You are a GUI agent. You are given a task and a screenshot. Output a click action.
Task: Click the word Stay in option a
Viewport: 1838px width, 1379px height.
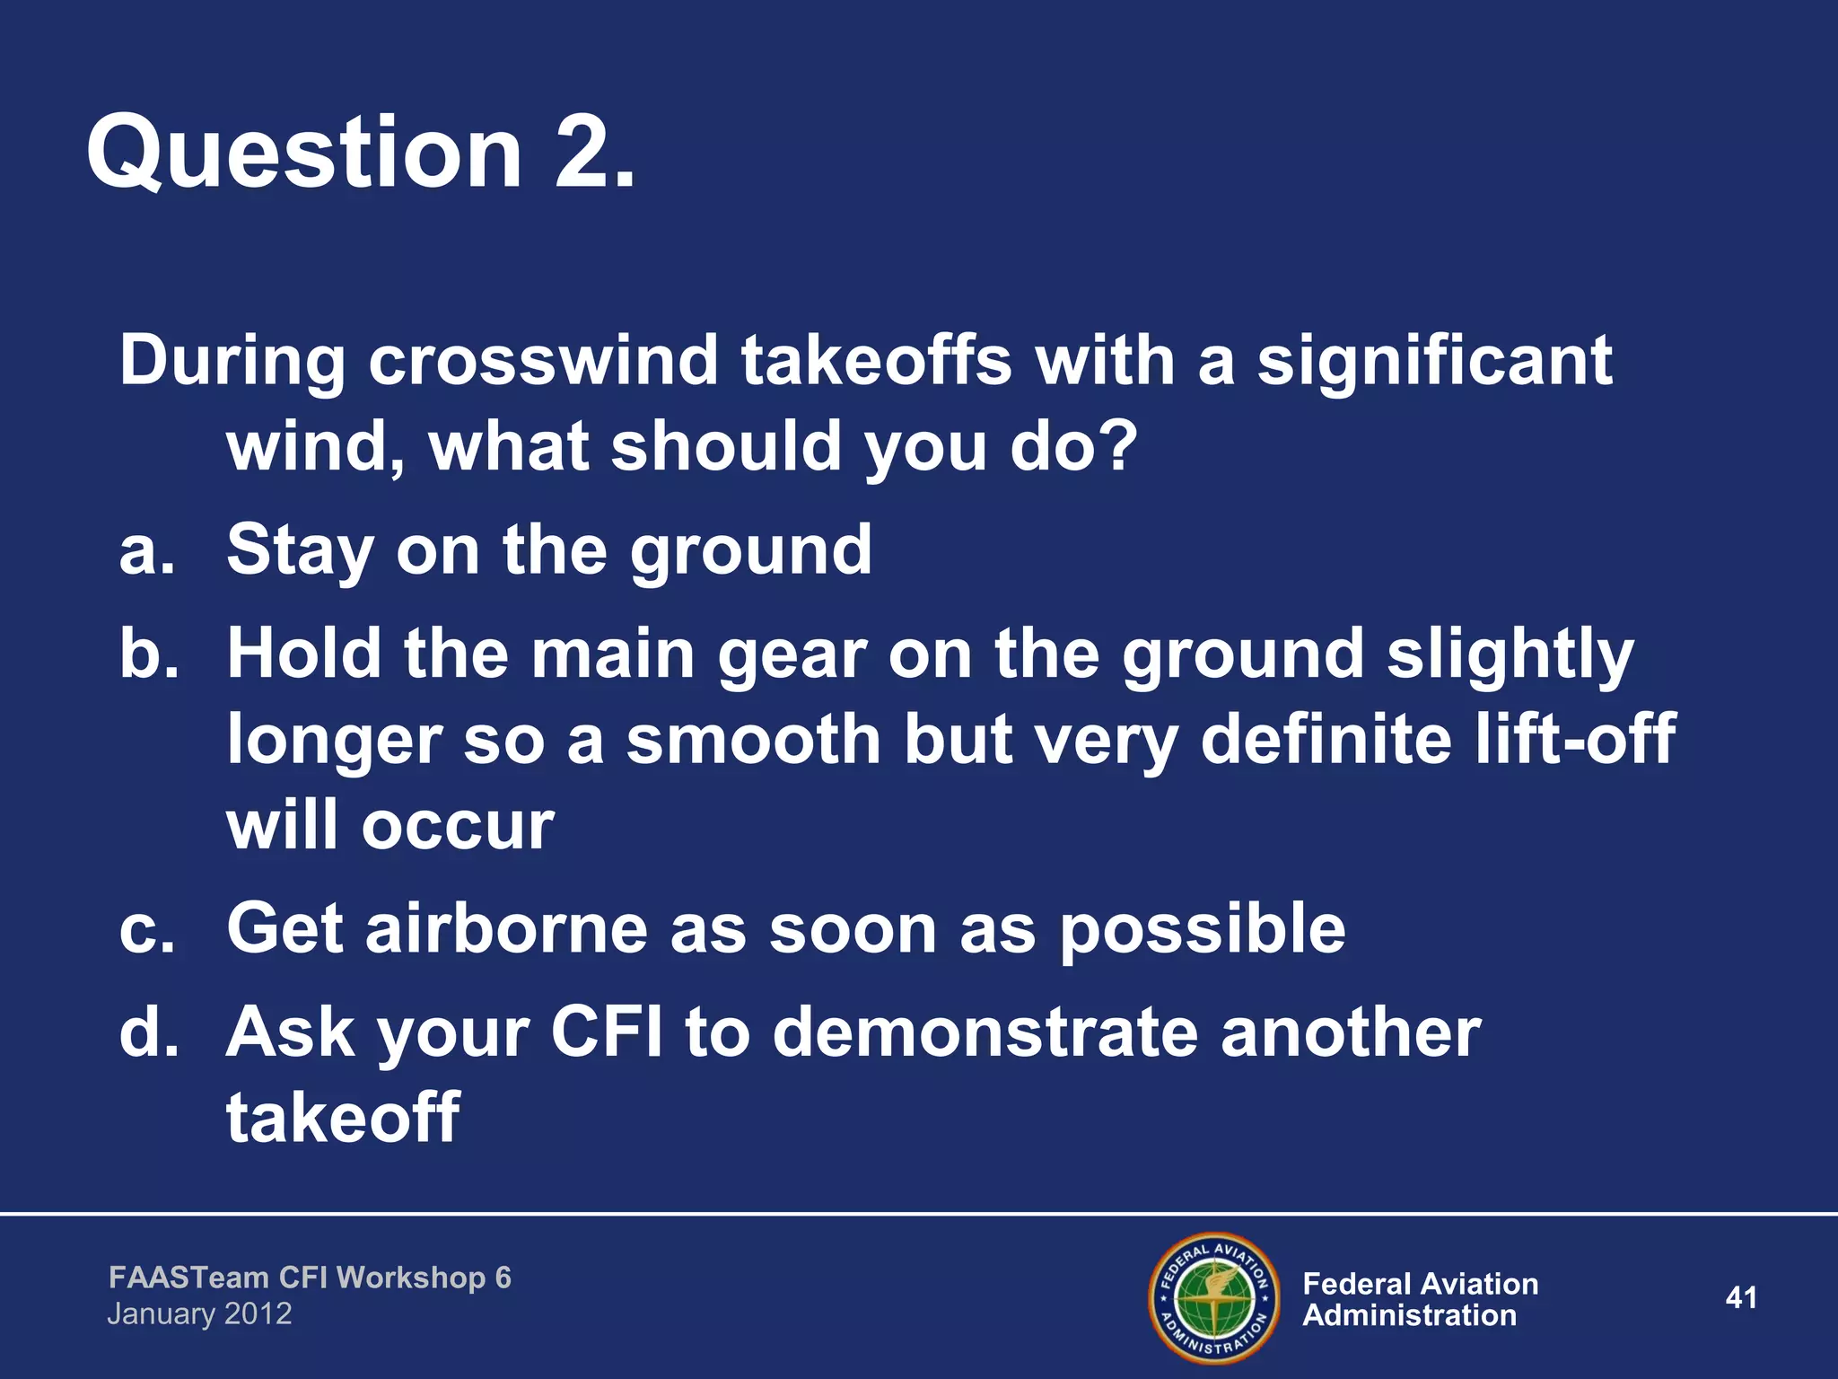tap(299, 551)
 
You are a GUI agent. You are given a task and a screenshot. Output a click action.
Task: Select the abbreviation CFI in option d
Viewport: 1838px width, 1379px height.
tap(606, 1032)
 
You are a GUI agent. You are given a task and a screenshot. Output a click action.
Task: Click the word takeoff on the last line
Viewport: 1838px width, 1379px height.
tap(342, 1117)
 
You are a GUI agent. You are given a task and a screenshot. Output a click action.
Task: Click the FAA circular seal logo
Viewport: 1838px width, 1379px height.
tap(1214, 1297)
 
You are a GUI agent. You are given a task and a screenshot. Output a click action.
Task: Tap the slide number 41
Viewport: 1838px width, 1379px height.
tap(1740, 1297)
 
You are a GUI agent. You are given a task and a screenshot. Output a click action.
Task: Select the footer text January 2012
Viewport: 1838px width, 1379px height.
tap(199, 1314)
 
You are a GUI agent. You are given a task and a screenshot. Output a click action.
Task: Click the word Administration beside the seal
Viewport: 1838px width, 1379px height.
tap(1408, 1316)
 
